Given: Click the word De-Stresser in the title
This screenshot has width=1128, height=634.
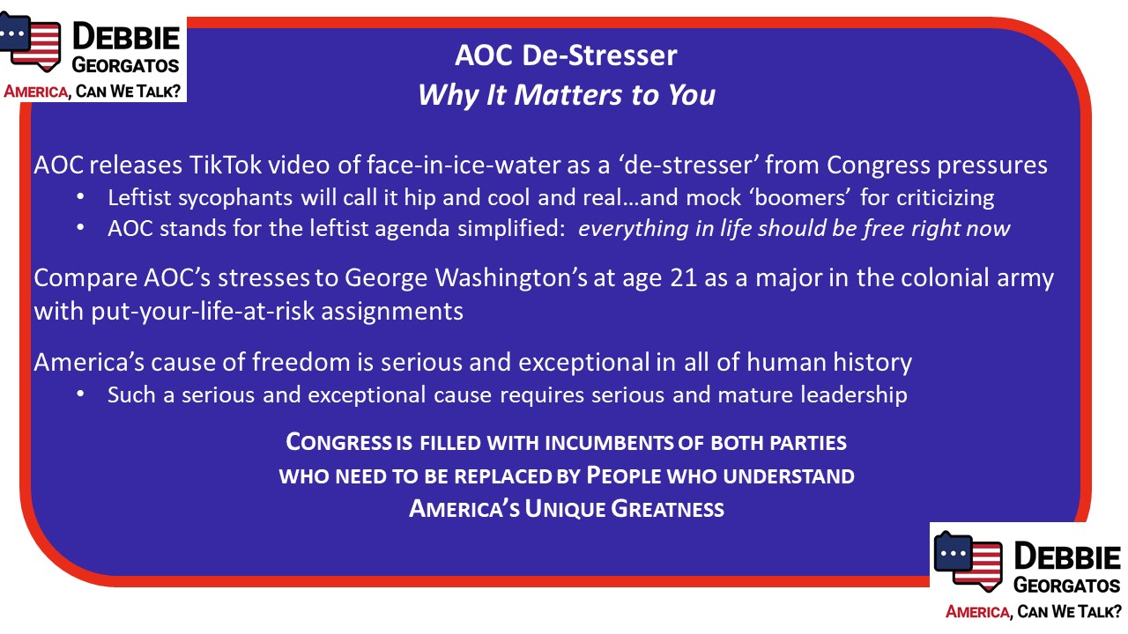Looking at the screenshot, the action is click(x=599, y=55).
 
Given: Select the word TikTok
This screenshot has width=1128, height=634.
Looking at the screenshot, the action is click(x=226, y=165).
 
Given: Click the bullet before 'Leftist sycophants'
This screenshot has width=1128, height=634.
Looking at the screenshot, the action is click(x=80, y=197).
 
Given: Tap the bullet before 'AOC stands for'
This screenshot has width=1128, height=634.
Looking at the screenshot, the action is click(x=80, y=228).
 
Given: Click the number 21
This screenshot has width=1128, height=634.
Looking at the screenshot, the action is click(x=683, y=278).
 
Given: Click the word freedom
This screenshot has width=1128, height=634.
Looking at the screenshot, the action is click(x=301, y=362).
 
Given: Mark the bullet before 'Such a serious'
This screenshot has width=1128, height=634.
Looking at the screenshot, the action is click(x=80, y=394).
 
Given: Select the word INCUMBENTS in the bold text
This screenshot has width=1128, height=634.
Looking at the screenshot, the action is click(x=608, y=443).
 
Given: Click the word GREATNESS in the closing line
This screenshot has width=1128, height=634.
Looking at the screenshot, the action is click(x=667, y=508).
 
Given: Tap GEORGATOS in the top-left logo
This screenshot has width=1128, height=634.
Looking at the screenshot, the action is click(x=125, y=65).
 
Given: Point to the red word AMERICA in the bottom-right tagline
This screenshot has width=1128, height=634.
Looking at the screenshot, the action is click(x=977, y=612).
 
